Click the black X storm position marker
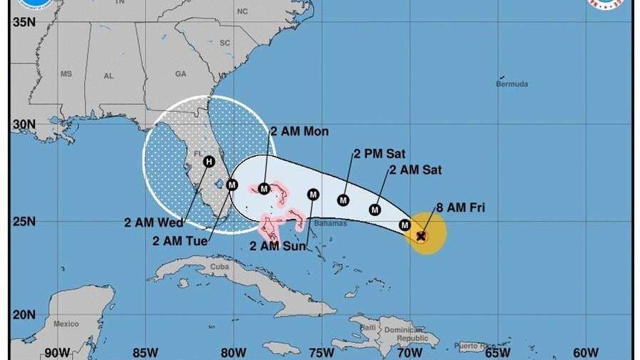[x=421, y=235]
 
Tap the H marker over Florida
[x=208, y=162]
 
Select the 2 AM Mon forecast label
[x=299, y=131]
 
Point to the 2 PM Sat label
[x=378, y=153]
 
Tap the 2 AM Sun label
[x=278, y=246]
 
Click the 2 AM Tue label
[x=180, y=241]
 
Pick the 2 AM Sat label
[x=416, y=170]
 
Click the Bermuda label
[x=512, y=84]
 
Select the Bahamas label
[x=330, y=223]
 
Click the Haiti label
[x=368, y=326]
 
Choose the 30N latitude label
[x=24, y=123]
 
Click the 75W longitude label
[x=321, y=352]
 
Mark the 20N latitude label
[x=24, y=314]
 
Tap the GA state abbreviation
[x=180, y=73]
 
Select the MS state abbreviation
[x=66, y=74]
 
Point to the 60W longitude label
[x=584, y=352]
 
